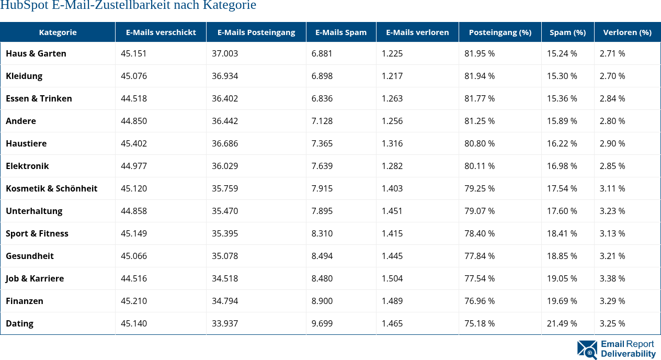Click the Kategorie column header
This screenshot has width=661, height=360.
(58, 32)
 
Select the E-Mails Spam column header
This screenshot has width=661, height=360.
(341, 32)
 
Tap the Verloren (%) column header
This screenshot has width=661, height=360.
(627, 32)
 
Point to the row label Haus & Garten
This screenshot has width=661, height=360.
(36, 53)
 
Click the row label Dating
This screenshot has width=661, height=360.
(19, 323)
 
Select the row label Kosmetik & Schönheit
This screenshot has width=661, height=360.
(52, 188)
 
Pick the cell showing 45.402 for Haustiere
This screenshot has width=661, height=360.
(134, 143)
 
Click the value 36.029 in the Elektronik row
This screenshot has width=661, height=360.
(225, 166)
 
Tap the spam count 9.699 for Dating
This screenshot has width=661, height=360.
(322, 323)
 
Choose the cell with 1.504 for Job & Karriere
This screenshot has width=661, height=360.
(392, 278)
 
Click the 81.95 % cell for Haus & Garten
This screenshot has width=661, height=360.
(480, 53)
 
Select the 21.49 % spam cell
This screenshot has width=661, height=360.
(562, 323)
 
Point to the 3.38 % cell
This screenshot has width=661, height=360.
(612, 278)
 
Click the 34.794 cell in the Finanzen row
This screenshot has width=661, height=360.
(225, 301)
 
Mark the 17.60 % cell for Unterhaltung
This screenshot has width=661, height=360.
(562, 211)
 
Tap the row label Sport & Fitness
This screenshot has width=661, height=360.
(37, 233)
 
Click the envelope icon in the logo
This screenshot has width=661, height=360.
(587, 350)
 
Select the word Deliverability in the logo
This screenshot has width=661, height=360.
(628, 354)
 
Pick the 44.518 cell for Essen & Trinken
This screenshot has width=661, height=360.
(134, 98)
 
